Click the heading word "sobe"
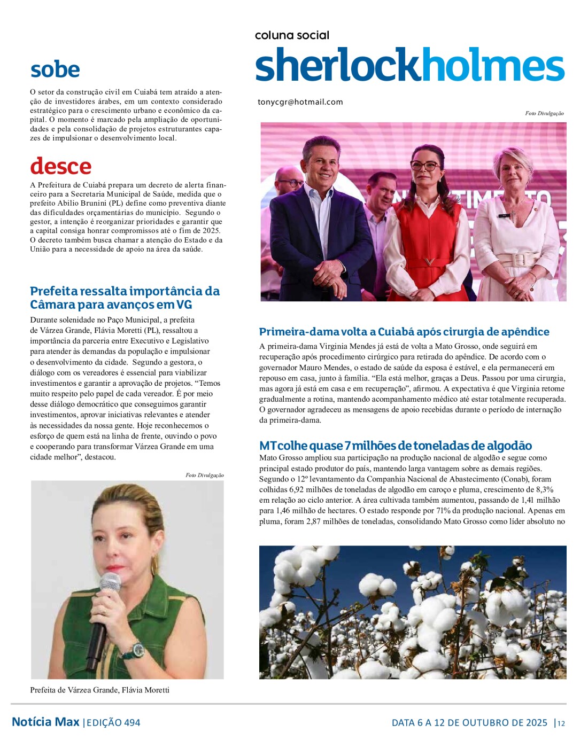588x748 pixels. coord(55,70)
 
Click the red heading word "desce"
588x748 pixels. coord(61,166)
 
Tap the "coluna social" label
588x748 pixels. coord(292,35)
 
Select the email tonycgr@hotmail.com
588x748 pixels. coord(300,102)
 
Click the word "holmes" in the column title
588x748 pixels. coord(490,66)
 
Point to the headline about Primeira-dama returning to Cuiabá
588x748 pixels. coord(404,332)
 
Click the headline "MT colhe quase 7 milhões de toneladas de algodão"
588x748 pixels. coord(396,446)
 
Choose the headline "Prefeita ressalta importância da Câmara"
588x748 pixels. coord(125,298)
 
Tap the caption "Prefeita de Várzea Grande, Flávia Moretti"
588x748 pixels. coord(100,690)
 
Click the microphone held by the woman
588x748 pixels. coord(105,609)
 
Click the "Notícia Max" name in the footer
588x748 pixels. coord(45,722)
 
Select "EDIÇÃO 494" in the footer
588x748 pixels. coord(113,723)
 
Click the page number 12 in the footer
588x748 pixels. coord(561,723)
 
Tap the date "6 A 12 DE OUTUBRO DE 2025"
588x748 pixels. coord(469,723)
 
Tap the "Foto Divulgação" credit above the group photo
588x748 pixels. coord(544,113)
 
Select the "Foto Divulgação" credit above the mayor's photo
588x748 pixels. coord(205,475)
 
